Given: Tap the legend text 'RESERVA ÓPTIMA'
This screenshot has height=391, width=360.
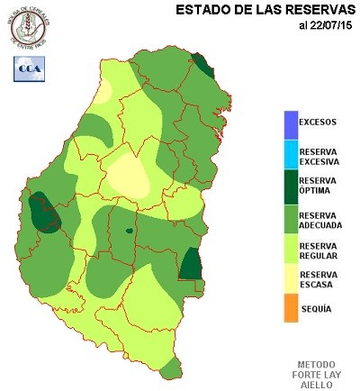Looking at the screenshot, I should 319,186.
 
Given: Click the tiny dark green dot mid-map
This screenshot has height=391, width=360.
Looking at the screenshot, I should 129,232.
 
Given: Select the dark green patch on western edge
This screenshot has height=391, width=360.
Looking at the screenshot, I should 41,213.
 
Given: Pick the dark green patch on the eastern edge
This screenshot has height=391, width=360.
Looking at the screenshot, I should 190,265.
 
